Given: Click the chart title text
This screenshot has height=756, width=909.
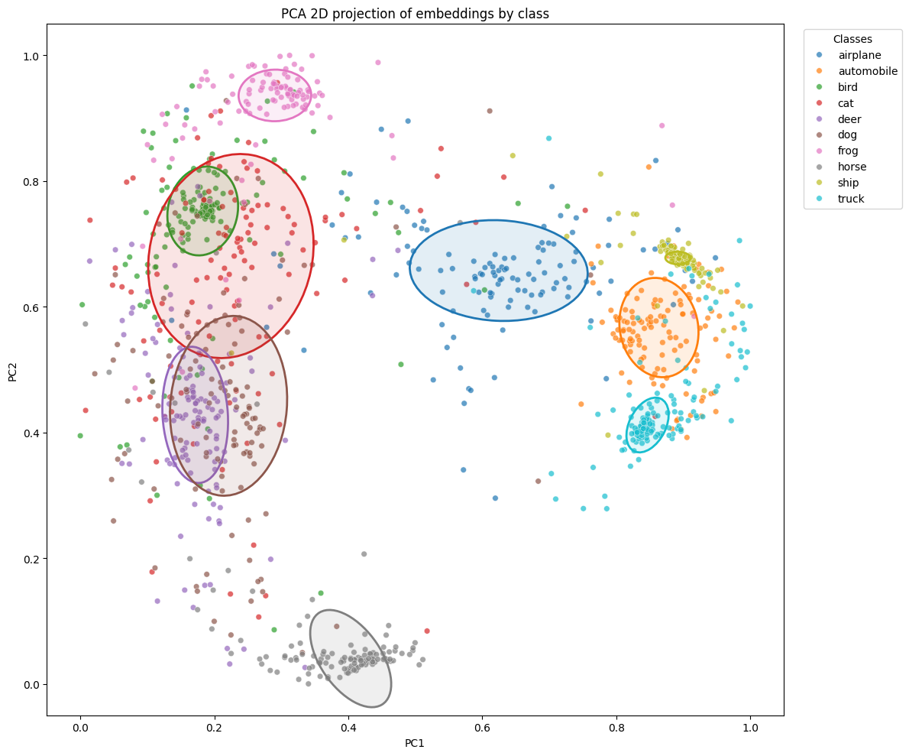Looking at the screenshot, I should coord(415,13).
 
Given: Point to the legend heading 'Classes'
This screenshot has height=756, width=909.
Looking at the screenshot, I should coord(852,38).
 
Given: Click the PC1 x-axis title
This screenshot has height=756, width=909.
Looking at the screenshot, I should coord(415,743).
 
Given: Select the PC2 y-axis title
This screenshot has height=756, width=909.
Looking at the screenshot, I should coord(13,371).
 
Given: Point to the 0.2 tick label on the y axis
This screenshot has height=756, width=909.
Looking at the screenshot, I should coord(31,559).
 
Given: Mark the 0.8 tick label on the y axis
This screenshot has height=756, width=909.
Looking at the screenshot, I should coord(31,182).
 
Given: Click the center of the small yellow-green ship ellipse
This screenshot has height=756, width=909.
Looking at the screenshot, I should coord(680,258).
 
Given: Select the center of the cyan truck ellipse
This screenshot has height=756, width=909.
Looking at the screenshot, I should coord(647,424).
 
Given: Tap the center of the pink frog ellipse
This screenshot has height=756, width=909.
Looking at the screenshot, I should coord(275,95).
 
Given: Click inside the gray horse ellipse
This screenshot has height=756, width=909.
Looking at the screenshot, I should coord(350,657).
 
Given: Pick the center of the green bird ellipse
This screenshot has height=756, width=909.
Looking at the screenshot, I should coord(202,210).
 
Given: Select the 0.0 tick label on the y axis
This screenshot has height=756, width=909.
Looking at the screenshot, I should coord(31,684).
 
